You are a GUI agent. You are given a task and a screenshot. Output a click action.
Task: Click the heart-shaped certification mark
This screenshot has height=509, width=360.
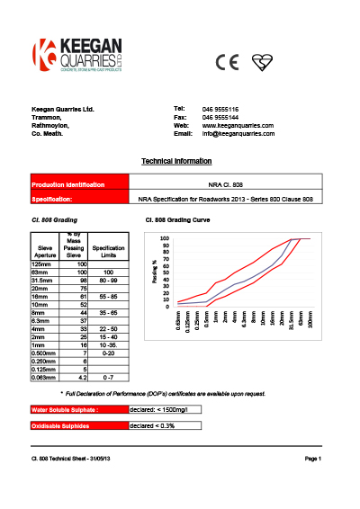[262, 61]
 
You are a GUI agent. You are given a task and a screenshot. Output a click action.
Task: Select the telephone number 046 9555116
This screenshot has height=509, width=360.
[220, 109]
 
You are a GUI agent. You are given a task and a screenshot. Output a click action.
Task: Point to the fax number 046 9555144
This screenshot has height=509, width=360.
[220, 117]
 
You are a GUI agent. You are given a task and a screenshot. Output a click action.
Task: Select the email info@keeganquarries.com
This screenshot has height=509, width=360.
[238, 133]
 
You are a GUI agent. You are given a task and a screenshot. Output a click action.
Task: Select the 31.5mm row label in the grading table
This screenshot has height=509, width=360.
[42, 279]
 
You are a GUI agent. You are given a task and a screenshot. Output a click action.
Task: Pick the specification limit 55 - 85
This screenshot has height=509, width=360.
[108, 296]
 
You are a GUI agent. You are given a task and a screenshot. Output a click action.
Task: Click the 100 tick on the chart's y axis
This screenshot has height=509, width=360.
[166, 239]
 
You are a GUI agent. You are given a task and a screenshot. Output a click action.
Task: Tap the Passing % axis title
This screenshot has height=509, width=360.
[155, 271]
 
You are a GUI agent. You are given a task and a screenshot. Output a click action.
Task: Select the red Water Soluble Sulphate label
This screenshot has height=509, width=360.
[69, 410]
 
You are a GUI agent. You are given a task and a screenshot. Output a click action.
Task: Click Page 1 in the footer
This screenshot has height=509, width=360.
[313, 460]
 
